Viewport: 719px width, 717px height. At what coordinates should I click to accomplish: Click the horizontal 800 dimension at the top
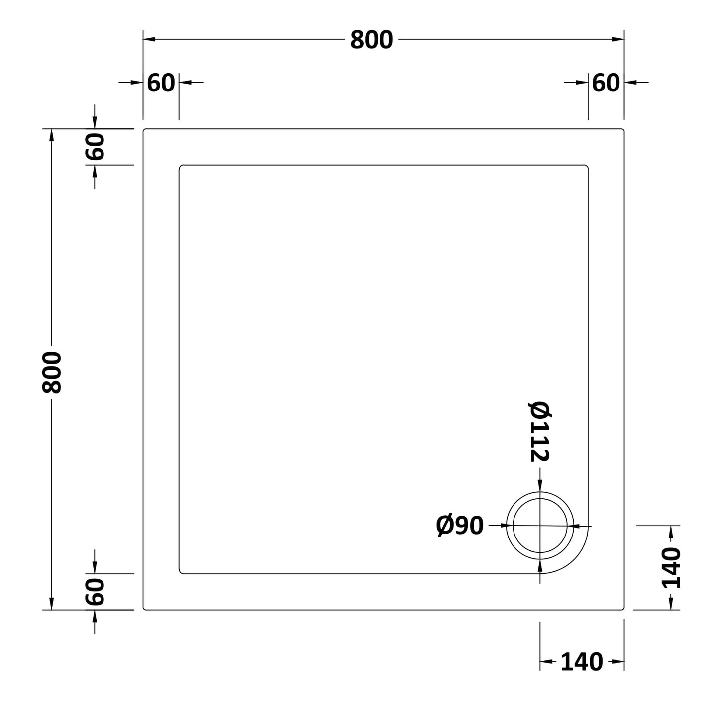(371, 40)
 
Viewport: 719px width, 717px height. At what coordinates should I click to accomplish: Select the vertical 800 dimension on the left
(52, 372)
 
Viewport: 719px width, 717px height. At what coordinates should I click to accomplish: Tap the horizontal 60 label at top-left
(161, 83)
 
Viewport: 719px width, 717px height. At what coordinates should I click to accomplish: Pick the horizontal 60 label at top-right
(606, 83)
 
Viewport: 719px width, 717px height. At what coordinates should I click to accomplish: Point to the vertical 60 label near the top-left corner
(95, 147)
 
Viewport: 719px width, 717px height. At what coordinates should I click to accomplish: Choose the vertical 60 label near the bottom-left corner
(95, 592)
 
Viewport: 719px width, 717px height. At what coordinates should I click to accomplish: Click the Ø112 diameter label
(539, 432)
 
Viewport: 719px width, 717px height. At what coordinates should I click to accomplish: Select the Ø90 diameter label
(460, 526)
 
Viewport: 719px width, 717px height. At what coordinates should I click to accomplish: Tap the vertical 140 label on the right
(671, 567)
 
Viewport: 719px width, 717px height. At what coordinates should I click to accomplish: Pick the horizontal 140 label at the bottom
(582, 662)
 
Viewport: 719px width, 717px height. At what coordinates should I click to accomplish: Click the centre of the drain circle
(540, 526)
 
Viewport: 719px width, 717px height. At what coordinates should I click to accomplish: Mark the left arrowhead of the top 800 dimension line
(148, 39)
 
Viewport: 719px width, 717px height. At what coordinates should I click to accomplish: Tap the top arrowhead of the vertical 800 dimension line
(51, 133)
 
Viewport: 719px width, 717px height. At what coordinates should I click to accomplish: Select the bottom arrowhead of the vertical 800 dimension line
(51, 605)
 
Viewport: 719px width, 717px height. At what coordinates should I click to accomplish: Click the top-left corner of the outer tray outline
(144, 129)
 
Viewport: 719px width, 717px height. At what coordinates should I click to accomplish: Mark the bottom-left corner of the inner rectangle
(180, 573)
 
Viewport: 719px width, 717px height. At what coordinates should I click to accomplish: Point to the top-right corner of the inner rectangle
(588, 165)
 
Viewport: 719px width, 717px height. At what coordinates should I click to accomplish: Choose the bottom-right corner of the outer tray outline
(623, 609)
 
